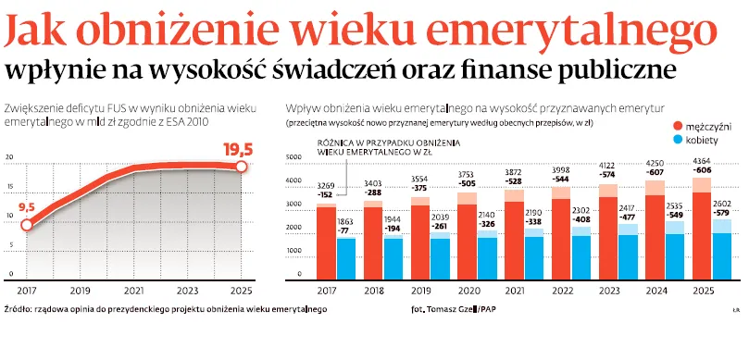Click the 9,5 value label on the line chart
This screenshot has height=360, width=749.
point(26,206)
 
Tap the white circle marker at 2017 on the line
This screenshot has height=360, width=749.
point(27,224)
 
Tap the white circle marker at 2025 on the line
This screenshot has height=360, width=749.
point(241,166)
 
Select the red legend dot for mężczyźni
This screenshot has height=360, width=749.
point(678,125)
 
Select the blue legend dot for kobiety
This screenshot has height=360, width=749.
point(678,140)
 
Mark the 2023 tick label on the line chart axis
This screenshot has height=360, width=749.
point(188,290)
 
